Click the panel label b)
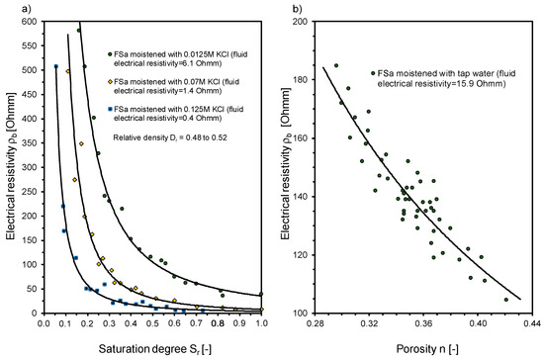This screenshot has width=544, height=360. click(289, 10)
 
